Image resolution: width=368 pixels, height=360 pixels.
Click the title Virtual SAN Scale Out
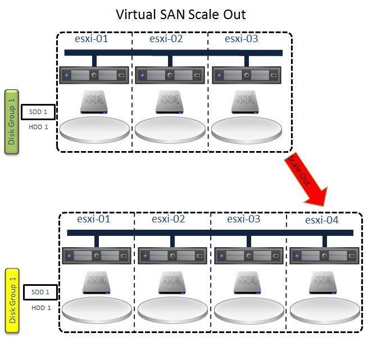(180, 14)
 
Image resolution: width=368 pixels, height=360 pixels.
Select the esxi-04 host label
(322, 220)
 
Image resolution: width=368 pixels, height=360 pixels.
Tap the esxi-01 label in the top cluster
(92, 39)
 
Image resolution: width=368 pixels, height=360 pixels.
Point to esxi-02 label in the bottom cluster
(170, 219)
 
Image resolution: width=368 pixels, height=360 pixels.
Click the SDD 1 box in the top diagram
(38, 112)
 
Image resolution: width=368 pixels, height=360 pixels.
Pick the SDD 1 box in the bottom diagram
(40, 292)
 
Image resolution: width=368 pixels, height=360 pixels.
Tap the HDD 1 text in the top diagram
(38, 127)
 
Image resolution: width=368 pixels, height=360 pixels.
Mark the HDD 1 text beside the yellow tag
(41, 307)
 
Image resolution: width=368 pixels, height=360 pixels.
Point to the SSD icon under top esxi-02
(169, 102)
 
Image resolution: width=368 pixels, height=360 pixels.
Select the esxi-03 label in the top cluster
(242, 39)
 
